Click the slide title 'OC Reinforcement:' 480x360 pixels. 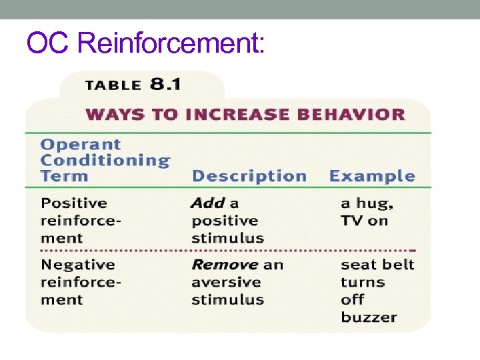pos(146,44)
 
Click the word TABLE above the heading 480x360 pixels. pos(113,85)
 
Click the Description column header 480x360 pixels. pos(249,177)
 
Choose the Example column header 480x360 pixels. pos(372,177)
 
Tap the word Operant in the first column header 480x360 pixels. pos(81,145)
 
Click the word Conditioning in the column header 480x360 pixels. pos(105,161)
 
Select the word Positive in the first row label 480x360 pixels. pos(74,203)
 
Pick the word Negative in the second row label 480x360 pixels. pos(77,265)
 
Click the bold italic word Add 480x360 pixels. pos(207,203)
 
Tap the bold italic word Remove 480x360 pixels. pos(225,265)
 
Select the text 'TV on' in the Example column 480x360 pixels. pos(364,221)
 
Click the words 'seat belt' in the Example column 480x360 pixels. pos(377,265)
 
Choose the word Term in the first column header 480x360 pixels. pos(64,177)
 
